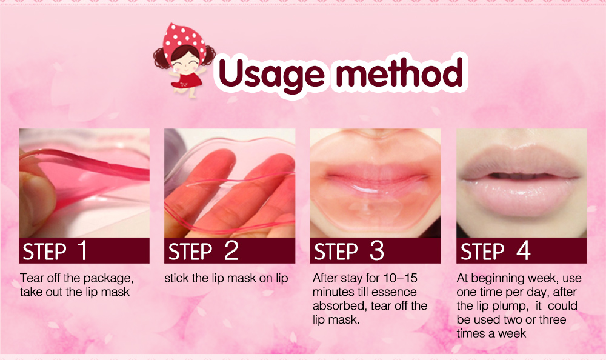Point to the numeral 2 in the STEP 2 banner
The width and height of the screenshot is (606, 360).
click(231, 250)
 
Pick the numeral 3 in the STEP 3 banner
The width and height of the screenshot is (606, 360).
click(377, 250)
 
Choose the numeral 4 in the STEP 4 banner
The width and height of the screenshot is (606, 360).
click(524, 250)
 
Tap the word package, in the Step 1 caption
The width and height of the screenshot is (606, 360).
click(108, 279)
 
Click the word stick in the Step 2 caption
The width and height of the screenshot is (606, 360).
click(176, 279)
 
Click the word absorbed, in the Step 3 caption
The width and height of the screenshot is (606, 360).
click(337, 305)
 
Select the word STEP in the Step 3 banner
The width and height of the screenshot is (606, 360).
click(336, 252)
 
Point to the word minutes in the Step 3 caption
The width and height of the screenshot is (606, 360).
click(331, 292)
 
